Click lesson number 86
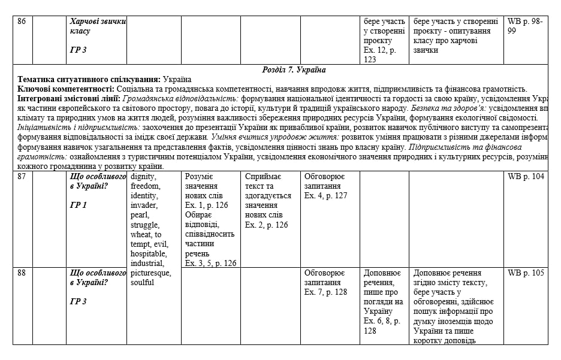point(22,22)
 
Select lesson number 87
point(22,177)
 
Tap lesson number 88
point(22,273)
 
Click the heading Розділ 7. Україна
point(294,70)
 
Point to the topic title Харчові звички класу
point(98,26)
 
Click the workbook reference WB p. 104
point(526,177)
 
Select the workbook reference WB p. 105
point(526,273)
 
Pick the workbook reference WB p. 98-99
point(524,26)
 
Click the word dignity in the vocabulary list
point(143,177)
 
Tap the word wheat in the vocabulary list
point(142,235)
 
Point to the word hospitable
point(148,254)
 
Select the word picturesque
point(150,273)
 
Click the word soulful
point(142,283)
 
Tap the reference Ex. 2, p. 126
point(266,225)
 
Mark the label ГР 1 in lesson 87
point(79,205)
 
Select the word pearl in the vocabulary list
point(140,215)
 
